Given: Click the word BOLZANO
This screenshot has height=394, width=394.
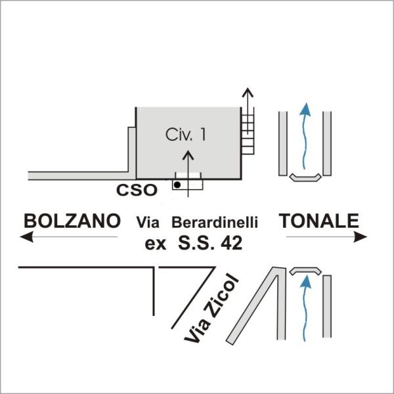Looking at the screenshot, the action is point(72,221).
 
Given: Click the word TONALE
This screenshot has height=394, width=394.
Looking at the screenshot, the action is point(320,221).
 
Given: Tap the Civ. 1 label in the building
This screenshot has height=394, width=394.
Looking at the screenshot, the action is point(186,135).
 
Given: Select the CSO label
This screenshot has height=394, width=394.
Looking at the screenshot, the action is point(137,190).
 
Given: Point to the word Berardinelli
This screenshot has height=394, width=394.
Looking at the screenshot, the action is point(214,222).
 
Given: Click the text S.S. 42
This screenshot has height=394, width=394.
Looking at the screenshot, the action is point(210,243).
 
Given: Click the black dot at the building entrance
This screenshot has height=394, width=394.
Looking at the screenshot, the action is point(177,185).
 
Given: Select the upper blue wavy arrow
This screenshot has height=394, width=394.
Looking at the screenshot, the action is point(305,138).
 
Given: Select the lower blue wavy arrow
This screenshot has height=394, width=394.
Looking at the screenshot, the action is point(305,309).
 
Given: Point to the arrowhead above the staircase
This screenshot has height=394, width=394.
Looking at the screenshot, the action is point(248,91).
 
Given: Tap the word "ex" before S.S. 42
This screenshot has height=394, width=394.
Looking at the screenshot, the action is point(156,244).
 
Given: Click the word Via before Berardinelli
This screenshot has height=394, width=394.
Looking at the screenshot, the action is point(148,222).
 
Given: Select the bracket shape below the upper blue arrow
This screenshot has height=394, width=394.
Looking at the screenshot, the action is point(305,177).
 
